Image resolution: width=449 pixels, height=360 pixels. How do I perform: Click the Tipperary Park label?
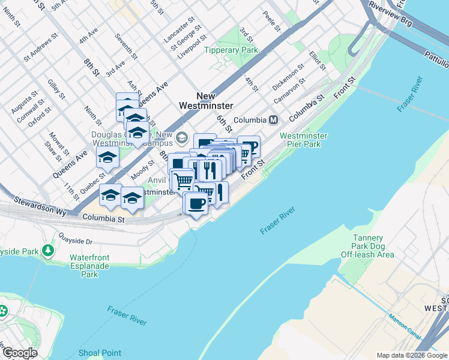(231, 50)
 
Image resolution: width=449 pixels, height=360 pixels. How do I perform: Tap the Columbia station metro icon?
(273, 119)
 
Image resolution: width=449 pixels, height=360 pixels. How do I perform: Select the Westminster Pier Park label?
(304, 140)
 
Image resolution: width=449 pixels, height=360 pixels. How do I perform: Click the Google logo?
(19, 353)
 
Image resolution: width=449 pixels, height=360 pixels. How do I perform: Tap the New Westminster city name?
(206, 101)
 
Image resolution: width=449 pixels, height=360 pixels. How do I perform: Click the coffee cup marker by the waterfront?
(197, 203)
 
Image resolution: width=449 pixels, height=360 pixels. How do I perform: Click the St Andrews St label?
(41, 47)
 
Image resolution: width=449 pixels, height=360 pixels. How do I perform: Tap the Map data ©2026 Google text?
(412, 355)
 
